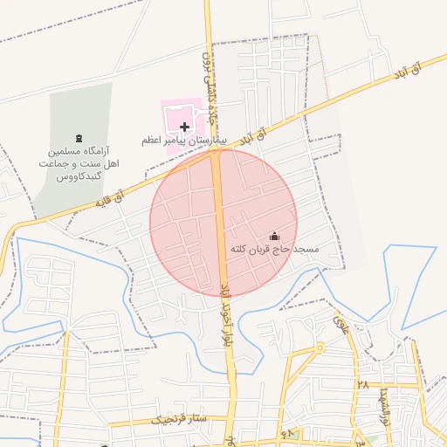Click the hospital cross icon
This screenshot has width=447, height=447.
pyautogui.click(x=184, y=127)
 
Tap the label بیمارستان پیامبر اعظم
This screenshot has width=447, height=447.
pyautogui.click(x=184, y=140)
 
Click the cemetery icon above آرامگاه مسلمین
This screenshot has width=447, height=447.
pyautogui.click(x=80, y=138)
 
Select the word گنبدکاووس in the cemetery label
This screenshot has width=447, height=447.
pyautogui.click(x=80, y=176)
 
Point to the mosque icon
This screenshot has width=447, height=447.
pyautogui.click(x=274, y=236)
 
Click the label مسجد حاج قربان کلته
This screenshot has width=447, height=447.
pyautogui.click(x=274, y=250)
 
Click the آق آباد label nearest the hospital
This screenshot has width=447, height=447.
pyautogui.click(x=251, y=134)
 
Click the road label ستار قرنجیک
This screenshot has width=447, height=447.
pyautogui.click(x=180, y=419)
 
